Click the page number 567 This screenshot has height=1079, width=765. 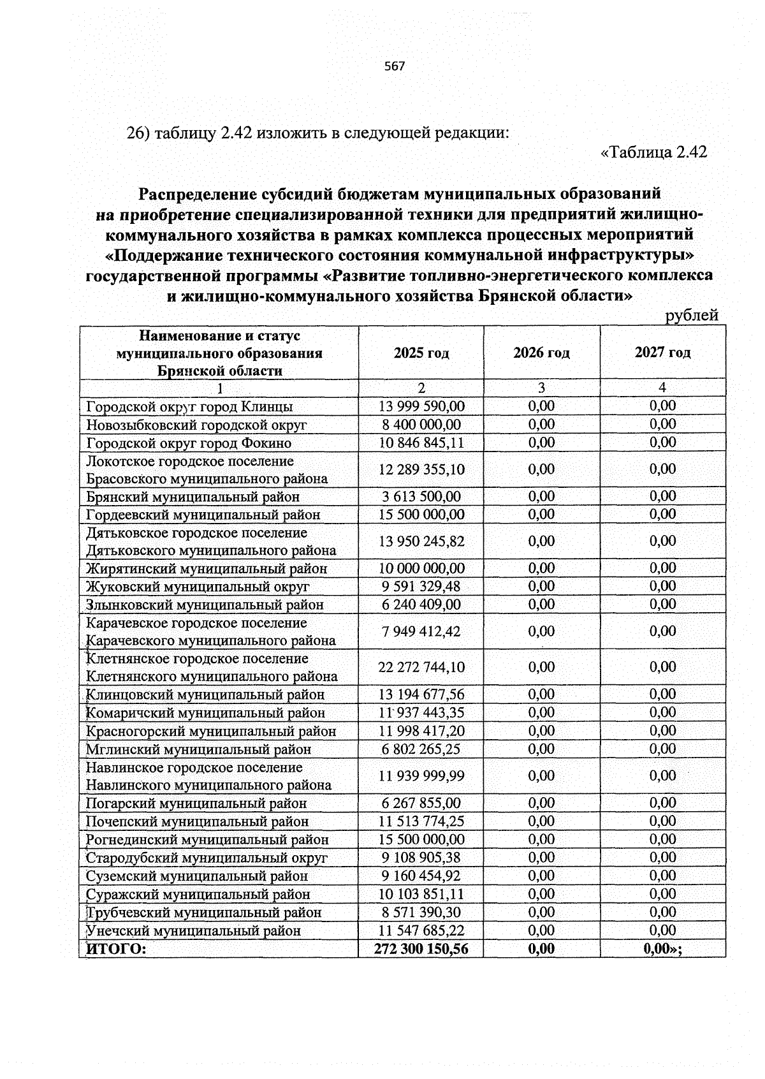395,66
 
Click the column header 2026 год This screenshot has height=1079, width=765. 541,353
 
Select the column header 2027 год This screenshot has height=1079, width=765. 662,352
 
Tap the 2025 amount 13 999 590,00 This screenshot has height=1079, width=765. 421,406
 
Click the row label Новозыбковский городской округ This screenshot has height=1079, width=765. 196,425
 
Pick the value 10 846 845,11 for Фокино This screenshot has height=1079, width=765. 421,443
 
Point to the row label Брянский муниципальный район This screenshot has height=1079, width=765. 193,497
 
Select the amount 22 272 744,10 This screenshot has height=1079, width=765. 421,667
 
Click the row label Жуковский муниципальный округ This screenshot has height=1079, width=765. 198,586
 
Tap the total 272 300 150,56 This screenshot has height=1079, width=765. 421,949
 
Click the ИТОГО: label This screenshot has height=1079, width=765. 116,949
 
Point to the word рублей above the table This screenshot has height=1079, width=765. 692,316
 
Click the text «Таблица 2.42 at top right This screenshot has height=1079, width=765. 654,152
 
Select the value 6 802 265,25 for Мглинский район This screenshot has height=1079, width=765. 421,749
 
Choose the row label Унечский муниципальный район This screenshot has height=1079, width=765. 193,930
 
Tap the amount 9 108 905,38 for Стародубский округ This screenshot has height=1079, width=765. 421,858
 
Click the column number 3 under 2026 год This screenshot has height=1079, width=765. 541,388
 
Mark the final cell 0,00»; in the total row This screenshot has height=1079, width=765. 662,949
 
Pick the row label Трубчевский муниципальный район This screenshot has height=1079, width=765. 204,913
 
